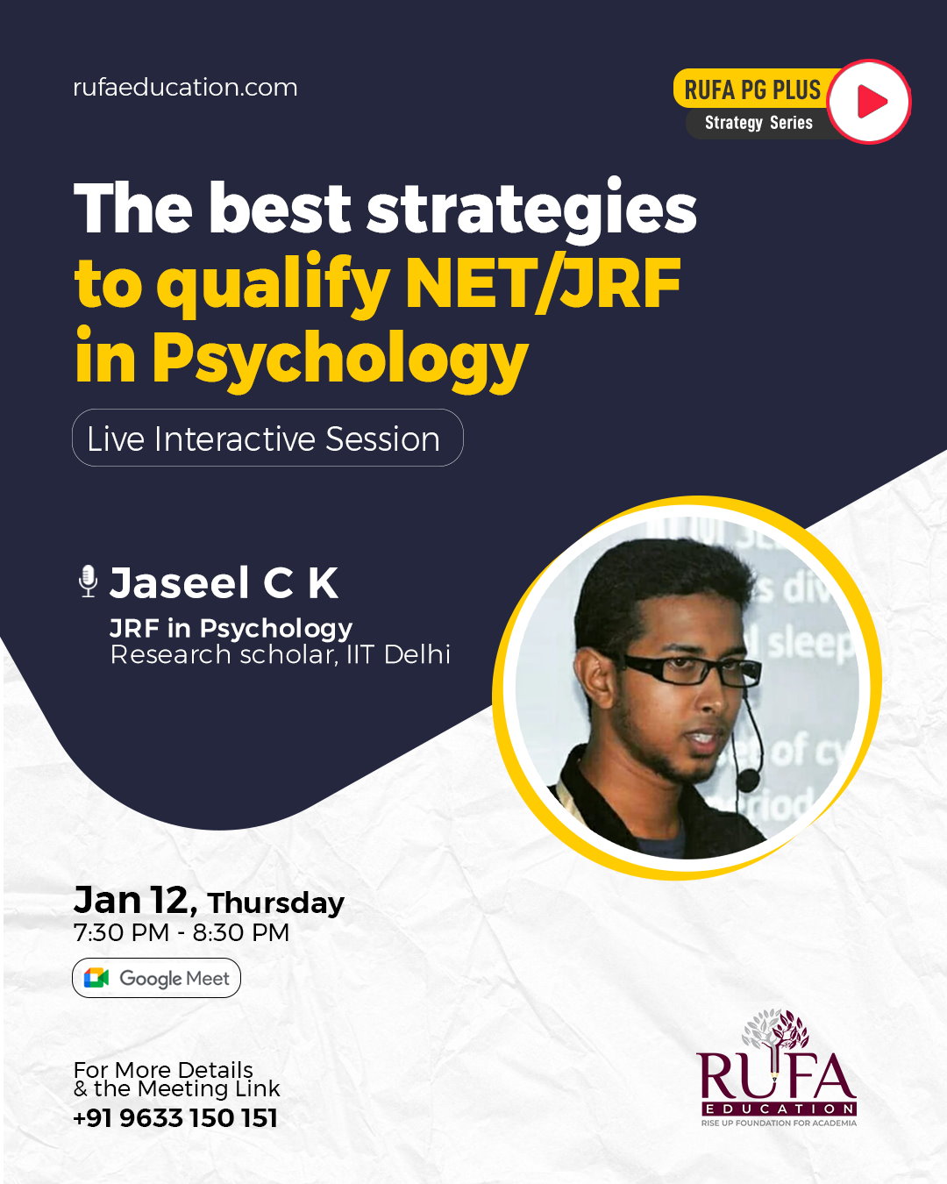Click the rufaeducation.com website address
[185, 88]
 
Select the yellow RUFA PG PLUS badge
[752, 89]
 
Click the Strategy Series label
[758, 122]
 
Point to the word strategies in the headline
[531, 210]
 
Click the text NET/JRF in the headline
[543, 284]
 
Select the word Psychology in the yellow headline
[340, 359]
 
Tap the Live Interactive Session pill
[267, 438]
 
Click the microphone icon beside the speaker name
[88, 581]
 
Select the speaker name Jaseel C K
[224, 582]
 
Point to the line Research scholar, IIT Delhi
[280, 655]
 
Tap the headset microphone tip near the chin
[748, 780]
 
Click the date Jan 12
[134, 900]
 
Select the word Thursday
[275, 903]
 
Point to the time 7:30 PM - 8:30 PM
[181, 932]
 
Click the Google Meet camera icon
[96, 978]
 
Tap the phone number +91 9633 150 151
[175, 1118]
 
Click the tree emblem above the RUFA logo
[776, 1030]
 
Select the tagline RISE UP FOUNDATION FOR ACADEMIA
[779, 1123]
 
